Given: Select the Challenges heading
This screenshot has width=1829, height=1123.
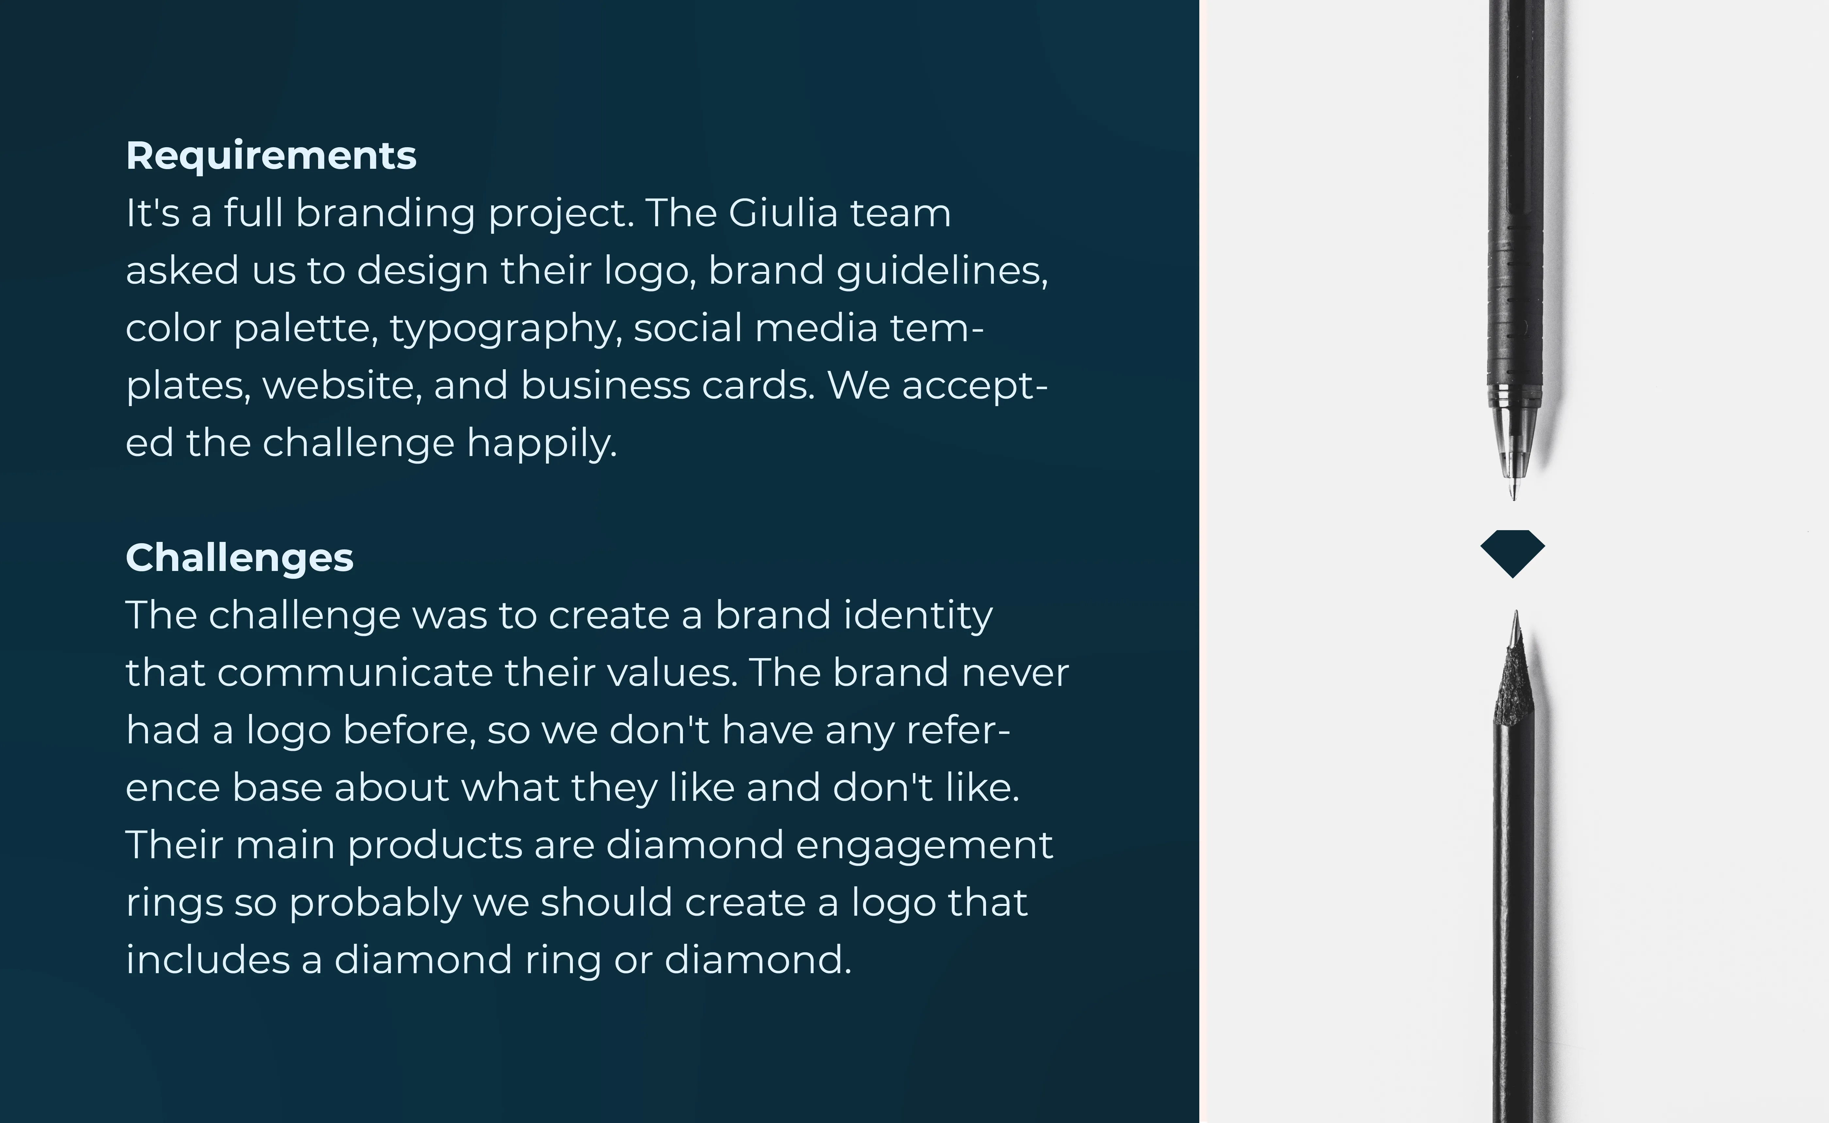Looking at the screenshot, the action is click(239, 558).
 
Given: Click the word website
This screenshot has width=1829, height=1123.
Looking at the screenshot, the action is click(342, 386).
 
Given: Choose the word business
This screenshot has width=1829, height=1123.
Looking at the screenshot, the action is click(606, 386).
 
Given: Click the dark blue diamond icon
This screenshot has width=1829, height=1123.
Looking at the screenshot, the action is click(1513, 553).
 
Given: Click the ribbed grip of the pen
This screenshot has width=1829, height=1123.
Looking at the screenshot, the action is click(1514, 297).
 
